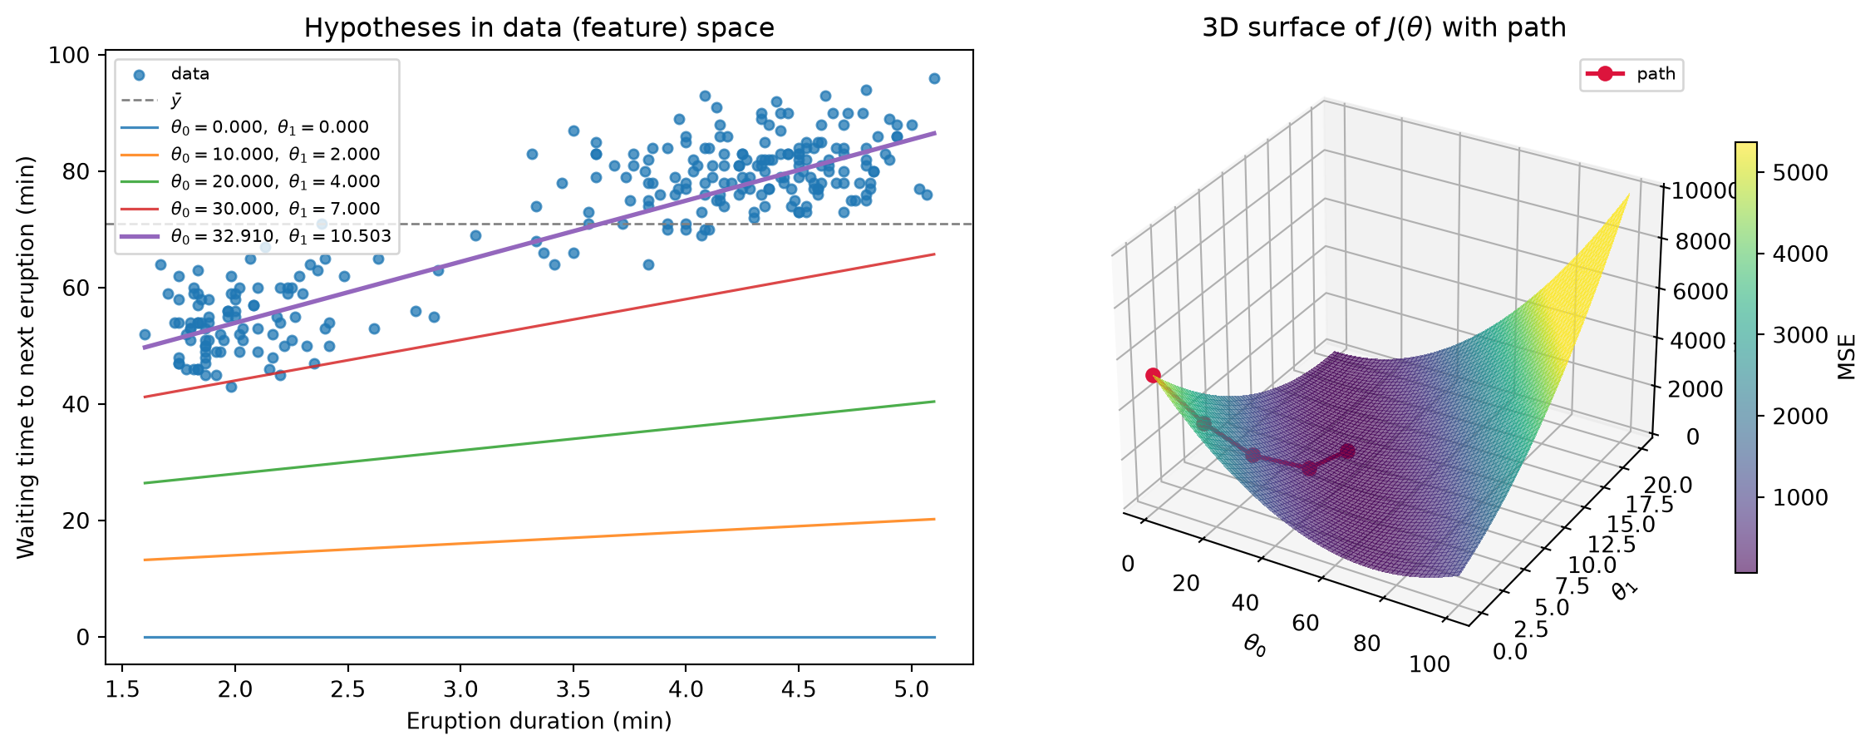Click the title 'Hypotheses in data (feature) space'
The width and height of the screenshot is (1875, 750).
539,28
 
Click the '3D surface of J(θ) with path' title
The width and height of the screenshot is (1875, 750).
1384,28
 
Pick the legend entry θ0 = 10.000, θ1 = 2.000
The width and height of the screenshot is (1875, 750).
250,155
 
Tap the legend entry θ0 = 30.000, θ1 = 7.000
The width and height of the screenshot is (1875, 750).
250,209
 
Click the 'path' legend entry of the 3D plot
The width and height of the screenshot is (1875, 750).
1631,74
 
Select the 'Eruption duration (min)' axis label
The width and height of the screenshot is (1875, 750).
539,721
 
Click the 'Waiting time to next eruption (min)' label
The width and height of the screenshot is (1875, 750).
27,358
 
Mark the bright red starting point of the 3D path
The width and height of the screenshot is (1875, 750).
1153,376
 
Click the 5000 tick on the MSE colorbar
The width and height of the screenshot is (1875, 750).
1800,173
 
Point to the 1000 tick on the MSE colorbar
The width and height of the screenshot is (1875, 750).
1800,497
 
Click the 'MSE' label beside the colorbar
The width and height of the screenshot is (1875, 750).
1847,358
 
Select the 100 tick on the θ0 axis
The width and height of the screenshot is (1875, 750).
1430,664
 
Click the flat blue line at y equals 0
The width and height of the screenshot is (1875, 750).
539,637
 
